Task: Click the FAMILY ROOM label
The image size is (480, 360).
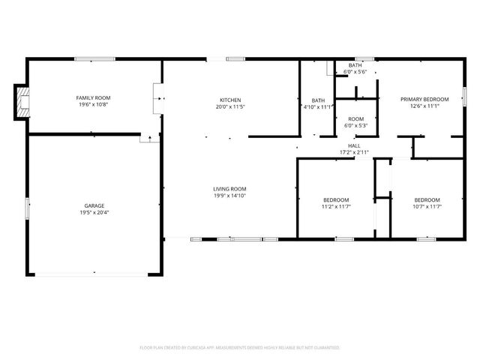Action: click(x=94, y=98)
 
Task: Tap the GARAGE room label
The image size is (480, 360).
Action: click(x=94, y=205)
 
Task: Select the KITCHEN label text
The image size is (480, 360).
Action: click(x=230, y=100)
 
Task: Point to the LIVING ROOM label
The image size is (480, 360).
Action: click(x=229, y=189)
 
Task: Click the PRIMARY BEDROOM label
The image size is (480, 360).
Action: click(x=424, y=99)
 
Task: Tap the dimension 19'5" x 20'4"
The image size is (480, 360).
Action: click(x=94, y=212)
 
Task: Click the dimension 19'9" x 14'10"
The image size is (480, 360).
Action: click(x=229, y=196)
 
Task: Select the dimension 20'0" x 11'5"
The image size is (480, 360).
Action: click(x=230, y=106)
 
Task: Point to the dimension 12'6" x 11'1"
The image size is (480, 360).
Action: click(x=424, y=106)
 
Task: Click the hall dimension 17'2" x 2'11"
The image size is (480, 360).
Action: click(x=354, y=152)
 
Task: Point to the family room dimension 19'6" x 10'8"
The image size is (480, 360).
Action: click(x=94, y=106)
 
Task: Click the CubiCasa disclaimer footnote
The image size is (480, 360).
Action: click(x=240, y=348)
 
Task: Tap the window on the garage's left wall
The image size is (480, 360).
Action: click(x=28, y=207)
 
